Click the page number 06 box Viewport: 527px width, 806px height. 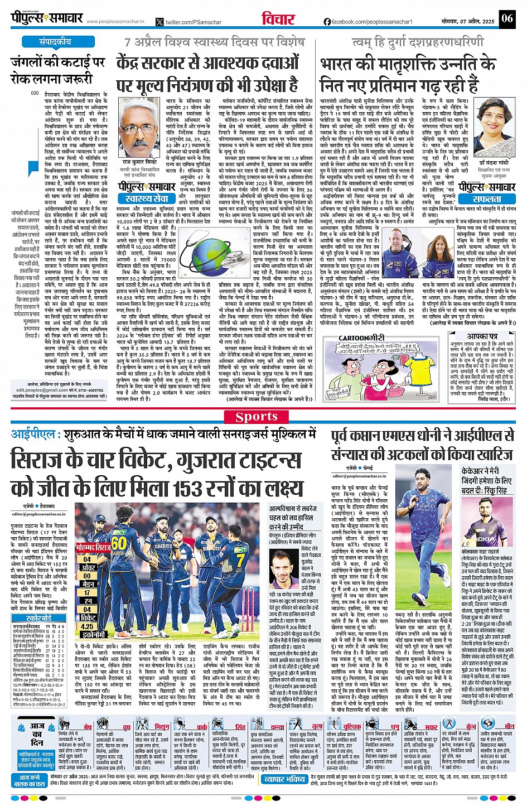click(x=506, y=18)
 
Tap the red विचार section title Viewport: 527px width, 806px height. click(x=278, y=20)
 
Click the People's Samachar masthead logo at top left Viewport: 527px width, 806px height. click(x=47, y=18)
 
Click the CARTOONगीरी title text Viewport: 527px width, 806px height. click(x=362, y=337)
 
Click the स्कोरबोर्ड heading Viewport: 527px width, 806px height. click(x=38, y=618)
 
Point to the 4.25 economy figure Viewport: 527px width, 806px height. click(x=87, y=626)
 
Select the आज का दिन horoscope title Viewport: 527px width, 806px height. click(x=37, y=731)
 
